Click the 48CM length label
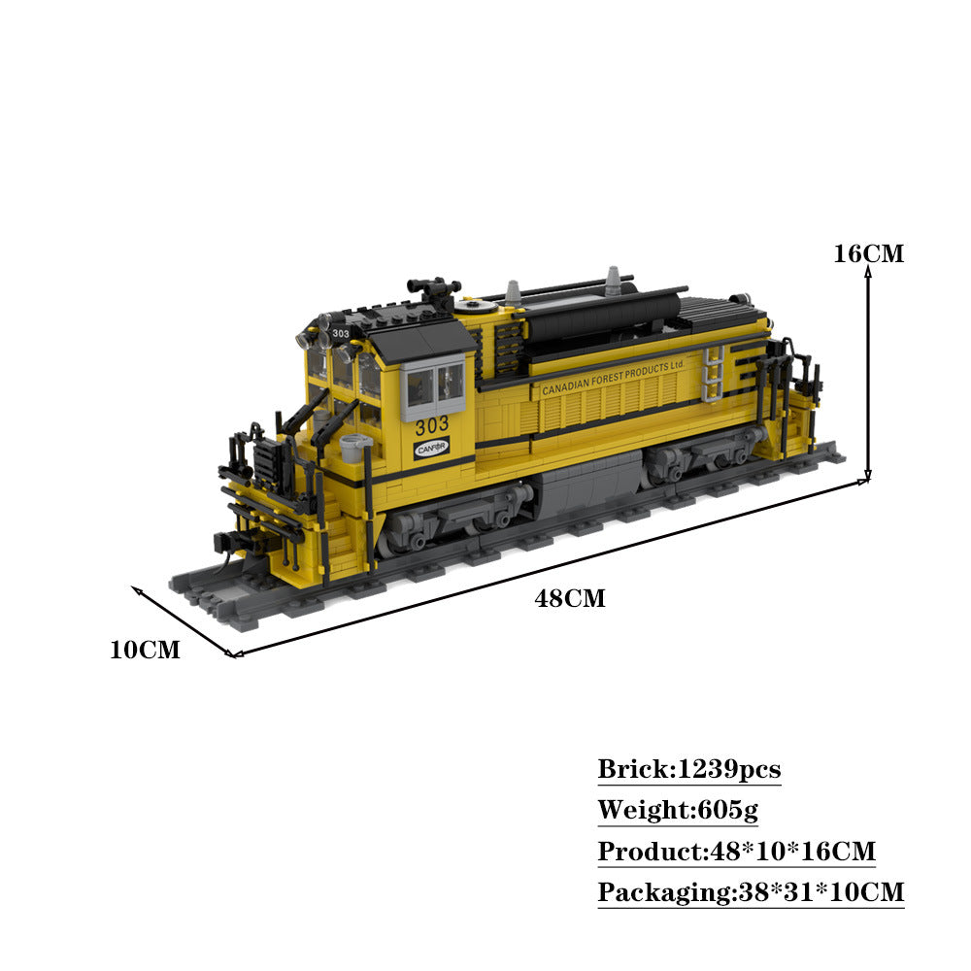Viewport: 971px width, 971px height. (569, 599)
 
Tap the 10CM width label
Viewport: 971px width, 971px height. (145, 651)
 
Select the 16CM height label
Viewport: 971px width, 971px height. (868, 254)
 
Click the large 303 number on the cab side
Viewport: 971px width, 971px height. (432, 425)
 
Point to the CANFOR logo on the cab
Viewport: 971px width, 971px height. (432, 449)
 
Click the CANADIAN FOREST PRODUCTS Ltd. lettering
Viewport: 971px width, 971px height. (614, 377)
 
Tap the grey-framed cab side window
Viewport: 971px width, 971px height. (434, 385)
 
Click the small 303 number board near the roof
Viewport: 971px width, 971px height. (340, 334)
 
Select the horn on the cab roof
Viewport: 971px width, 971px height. (434, 288)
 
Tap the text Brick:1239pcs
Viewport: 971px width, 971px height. (688, 770)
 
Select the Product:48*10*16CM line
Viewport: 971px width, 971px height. (736, 852)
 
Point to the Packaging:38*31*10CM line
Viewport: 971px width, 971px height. (750, 892)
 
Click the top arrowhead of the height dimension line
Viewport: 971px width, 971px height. (868, 274)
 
